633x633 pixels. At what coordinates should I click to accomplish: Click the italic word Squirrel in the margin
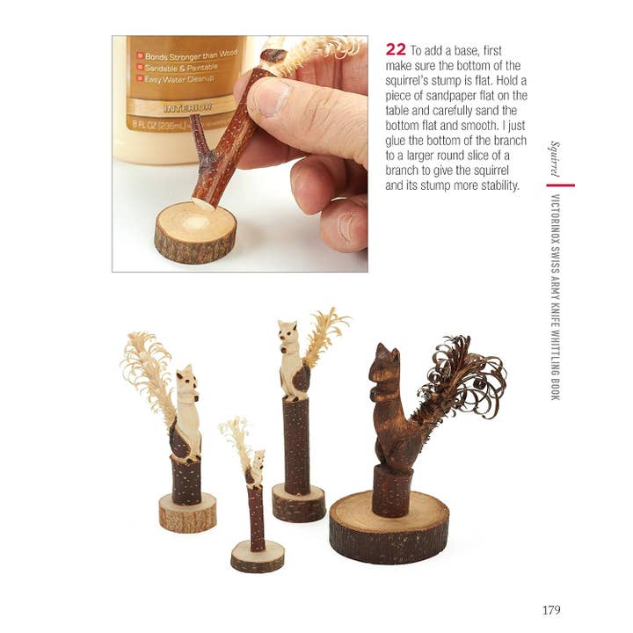click(x=555, y=158)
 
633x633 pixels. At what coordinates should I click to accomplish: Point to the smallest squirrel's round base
click(x=258, y=555)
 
